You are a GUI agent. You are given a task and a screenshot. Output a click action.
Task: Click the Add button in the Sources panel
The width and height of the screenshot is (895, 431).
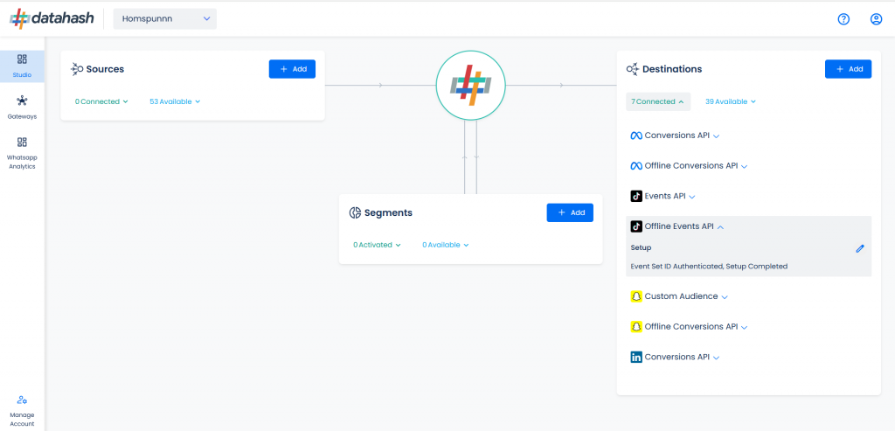click(292, 69)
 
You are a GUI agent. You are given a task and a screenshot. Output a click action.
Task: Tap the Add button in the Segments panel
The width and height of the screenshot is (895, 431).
click(570, 212)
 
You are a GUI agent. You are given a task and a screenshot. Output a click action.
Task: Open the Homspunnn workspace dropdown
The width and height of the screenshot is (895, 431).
click(165, 19)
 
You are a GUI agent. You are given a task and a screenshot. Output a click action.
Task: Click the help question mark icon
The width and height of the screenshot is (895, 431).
click(843, 19)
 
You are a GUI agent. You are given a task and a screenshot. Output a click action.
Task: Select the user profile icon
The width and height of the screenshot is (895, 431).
click(876, 19)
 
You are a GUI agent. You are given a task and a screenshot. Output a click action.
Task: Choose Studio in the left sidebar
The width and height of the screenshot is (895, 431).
click(22, 66)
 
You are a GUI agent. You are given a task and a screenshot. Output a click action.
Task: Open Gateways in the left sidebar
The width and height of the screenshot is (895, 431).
click(22, 108)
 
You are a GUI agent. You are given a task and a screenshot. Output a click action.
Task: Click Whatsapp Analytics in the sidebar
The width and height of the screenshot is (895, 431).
click(22, 153)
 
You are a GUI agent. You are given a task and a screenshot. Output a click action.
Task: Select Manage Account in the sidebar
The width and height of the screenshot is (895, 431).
click(22, 411)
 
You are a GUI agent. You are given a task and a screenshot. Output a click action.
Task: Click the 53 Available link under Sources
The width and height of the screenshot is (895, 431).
click(175, 101)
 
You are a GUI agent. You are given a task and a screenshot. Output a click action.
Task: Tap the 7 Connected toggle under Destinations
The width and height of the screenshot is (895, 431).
click(657, 101)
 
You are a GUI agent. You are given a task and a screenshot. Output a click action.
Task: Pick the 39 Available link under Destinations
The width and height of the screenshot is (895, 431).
click(731, 101)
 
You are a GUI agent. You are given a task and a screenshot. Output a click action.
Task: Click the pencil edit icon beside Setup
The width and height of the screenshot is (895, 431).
click(860, 248)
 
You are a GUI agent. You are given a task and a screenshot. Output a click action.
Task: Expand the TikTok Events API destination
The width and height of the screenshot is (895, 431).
click(663, 196)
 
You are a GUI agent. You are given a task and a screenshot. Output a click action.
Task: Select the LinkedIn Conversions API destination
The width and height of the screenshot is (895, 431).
click(675, 357)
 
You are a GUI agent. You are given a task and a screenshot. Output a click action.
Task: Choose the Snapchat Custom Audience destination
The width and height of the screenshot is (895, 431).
click(679, 296)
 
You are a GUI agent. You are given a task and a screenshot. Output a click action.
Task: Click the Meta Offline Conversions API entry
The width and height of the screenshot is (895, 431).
click(689, 165)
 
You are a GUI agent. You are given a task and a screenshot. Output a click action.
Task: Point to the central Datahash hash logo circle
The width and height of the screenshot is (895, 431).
click(470, 85)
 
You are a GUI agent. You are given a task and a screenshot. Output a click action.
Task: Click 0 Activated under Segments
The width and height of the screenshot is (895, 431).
click(377, 245)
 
